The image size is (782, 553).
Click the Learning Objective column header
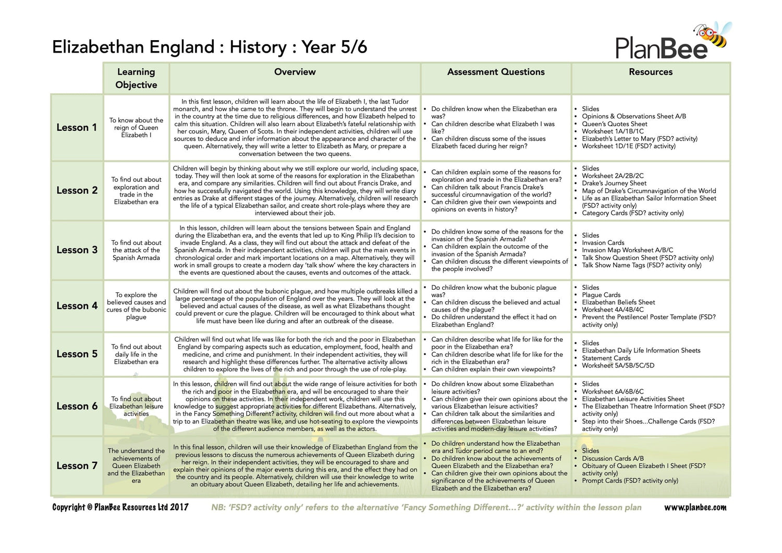(x=136, y=78)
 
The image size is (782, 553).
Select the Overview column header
(x=295, y=72)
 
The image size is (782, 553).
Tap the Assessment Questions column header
(x=496, y=72)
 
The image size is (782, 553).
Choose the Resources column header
(x=650, y=72)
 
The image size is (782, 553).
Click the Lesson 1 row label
(x=77, y=128)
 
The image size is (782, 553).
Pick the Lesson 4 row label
(x=77, y=306)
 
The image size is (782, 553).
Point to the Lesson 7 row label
(x=77, y=466)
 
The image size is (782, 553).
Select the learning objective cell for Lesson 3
(x=136, y=250)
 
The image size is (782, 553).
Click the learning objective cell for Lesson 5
(x=136, y=354)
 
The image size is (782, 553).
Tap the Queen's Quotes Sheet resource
(x=614, y=124)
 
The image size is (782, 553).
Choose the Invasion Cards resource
(x=603, y=243)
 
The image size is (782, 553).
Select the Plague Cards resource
(x=601, y=295)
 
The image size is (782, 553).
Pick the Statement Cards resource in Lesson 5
(x=606, y=358)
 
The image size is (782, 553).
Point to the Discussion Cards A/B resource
(x=613, y=459)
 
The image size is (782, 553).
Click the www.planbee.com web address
(x=695, y=508)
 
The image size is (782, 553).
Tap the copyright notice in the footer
(x=120, y=508)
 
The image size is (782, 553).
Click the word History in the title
(x=258, y=47)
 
